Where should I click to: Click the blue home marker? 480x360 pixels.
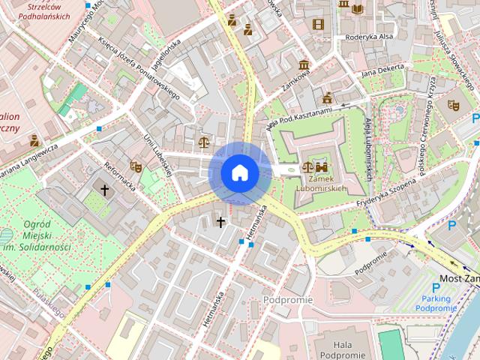240,172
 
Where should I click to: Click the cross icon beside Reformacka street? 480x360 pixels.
105,190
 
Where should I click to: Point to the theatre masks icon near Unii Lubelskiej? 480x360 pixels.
136,166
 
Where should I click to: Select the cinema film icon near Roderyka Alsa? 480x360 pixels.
319,24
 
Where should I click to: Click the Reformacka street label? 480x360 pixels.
120,174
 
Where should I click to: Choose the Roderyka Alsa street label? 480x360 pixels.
369,37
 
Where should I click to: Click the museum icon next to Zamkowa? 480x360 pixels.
304,65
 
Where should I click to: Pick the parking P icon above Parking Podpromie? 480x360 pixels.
436,288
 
